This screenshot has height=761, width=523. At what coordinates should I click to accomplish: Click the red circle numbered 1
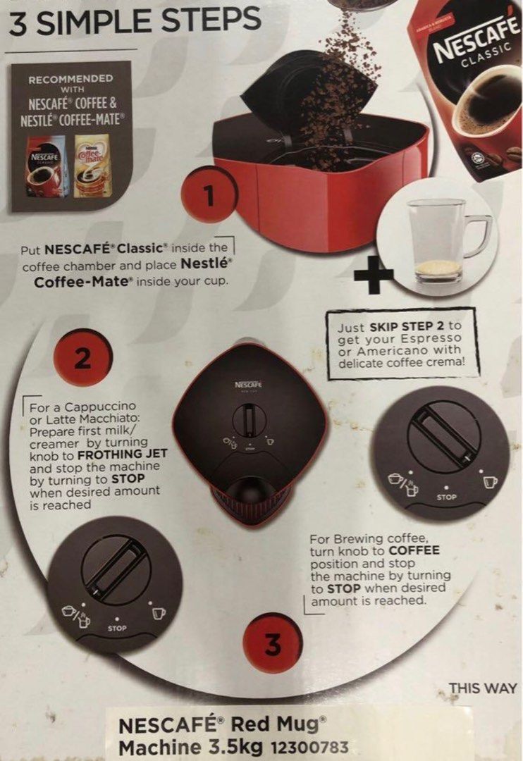coord(208,198)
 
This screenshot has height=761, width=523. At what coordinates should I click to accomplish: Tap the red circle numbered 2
coord(83,359)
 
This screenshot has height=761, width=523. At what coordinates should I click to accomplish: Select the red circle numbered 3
coord(272,644)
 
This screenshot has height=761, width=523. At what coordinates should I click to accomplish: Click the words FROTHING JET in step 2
coord(127,454)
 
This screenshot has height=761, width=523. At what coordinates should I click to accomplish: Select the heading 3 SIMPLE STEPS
coord(135,22)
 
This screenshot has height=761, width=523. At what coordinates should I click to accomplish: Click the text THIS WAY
coord(483,688)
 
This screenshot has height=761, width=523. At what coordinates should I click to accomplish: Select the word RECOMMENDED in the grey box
coord(70,79)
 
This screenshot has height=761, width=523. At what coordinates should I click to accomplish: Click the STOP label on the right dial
coord(446,497)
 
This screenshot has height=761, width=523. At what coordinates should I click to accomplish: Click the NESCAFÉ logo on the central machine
coord(248,385)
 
